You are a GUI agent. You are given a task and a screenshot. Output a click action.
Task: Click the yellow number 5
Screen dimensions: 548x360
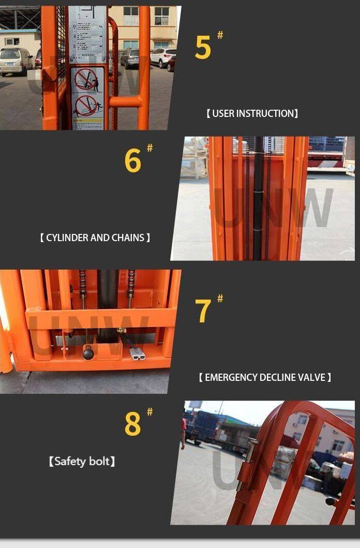203,48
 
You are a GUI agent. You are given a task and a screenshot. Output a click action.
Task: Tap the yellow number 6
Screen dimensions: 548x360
132,161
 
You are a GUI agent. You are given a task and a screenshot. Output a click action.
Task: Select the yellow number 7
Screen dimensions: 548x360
203,311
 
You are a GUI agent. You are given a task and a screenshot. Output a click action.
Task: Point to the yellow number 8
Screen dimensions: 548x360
132,424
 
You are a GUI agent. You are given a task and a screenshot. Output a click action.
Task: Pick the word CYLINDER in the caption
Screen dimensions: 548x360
67,238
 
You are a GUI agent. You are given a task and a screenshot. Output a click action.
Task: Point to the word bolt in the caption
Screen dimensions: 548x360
101,461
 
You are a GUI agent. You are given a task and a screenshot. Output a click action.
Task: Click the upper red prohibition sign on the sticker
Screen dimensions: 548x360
86,79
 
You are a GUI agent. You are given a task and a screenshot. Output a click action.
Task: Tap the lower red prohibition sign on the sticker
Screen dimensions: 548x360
86,106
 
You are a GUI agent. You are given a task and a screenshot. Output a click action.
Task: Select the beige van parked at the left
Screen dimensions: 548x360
16,61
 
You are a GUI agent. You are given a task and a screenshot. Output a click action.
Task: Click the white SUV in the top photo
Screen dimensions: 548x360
163,57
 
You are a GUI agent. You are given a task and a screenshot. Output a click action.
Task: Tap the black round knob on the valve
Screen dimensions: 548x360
88,353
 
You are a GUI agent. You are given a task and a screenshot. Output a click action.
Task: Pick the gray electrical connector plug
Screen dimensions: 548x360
137,354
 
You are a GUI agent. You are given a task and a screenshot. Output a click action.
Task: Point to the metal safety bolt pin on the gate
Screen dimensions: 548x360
251,449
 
